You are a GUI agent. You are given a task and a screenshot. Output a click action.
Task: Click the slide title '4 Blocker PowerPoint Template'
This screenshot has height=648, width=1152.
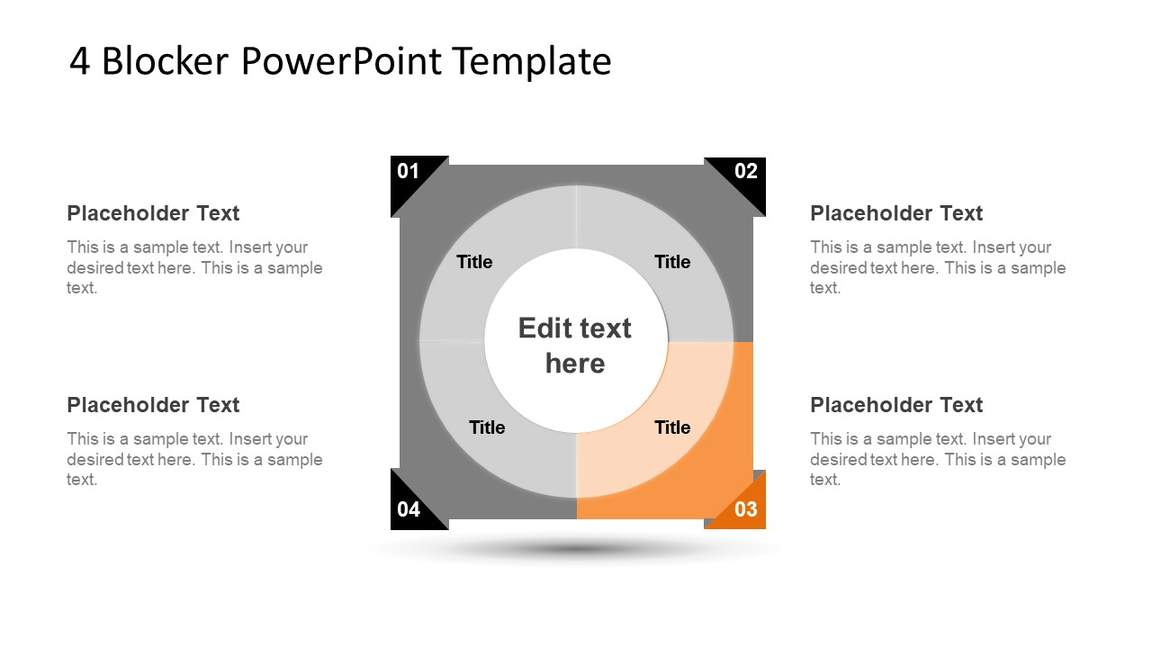tap(340, 61)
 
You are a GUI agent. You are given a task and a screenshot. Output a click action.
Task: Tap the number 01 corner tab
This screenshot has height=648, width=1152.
tap(409, 174)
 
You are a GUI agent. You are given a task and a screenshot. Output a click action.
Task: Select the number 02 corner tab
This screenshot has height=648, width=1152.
tap(744, 173)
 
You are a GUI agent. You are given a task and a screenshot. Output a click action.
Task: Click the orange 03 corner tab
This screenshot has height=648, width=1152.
tap(744, 509)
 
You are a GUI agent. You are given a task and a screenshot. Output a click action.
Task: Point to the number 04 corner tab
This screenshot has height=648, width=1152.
tap(409, 508)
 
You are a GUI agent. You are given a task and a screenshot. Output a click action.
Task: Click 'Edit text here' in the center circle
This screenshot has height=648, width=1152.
tap(575, 345)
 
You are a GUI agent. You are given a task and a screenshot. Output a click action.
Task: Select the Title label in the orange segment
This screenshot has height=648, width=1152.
tap(672, 427)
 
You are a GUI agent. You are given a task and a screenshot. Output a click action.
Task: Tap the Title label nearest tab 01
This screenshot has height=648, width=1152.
tap(474, 262)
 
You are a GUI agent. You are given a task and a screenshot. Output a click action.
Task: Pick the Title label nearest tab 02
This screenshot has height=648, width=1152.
tap(672, 262)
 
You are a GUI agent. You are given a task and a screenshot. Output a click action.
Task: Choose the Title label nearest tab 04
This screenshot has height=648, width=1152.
tap(487, 427)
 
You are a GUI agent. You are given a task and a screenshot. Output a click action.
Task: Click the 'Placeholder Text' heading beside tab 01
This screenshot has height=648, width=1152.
tap(153, 213)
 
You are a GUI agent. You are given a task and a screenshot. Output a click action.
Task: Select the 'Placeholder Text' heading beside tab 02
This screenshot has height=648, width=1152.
tap(896, 213)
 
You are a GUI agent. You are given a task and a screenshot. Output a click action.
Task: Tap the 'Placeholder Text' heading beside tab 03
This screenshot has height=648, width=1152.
tap(896, 405)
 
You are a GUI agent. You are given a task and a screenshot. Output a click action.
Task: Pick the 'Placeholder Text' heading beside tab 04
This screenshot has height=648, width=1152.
tap(153, 405)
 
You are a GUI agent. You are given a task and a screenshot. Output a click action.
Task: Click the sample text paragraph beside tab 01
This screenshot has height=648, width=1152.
tap(194, 267)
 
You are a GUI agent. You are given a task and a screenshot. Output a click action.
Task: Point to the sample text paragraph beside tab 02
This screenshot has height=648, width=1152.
tap(938, 267)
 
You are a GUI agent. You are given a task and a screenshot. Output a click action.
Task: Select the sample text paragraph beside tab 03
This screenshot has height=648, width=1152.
tap(938, 459)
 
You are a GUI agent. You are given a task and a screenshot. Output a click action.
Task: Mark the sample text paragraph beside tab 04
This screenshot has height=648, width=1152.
tap(194, 459)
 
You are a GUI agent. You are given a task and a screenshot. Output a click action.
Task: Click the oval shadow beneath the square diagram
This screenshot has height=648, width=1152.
tap(576, 548)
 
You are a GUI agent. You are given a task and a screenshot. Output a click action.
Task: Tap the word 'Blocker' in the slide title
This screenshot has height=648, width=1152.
tap(168, 61)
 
